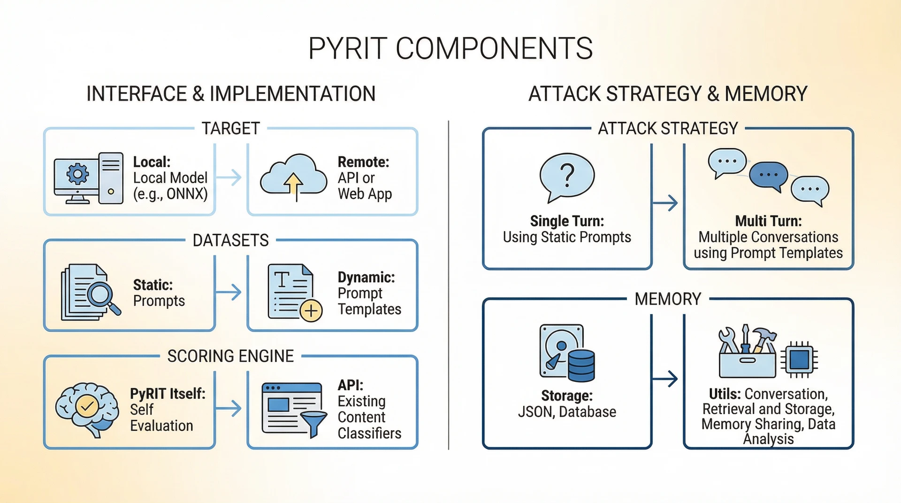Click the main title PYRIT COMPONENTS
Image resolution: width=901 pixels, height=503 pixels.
(450, 48)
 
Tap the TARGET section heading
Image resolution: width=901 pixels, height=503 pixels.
(230, 128)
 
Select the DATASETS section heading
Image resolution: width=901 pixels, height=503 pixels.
(230, 240)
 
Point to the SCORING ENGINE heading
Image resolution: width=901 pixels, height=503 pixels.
(230, 356)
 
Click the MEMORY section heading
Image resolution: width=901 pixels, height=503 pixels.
(667, 299)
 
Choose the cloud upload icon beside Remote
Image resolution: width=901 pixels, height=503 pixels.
(294, 178)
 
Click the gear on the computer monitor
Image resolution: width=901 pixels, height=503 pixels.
(77, 174)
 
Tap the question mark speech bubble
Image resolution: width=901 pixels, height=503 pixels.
(567, 176)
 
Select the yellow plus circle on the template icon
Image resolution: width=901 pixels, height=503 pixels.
(311, 310)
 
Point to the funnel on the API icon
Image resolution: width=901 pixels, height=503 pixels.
(313, 422)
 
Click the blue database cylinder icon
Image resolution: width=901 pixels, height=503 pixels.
(581, 365)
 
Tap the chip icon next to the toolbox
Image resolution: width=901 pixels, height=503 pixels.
(799, 360)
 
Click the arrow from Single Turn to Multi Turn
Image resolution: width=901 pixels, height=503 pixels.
(666, 203)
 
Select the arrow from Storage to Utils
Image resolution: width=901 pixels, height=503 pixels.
(666, 379)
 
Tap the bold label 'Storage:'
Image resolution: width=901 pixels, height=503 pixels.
(567, 395)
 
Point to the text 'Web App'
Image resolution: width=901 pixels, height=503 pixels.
(365, 194)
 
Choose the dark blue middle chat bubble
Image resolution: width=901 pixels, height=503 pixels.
(768, 175)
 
